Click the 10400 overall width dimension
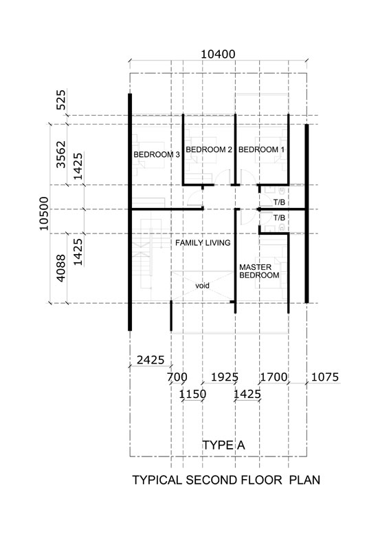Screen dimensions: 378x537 coord(218,54)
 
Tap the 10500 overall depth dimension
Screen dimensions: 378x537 coord(44,213)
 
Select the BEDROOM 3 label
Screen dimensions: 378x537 coord(157,154)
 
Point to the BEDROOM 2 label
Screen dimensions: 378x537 coord(209,149)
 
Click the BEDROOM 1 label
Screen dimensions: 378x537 coord(261,149)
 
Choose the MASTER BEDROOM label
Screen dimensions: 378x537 coord(259,271)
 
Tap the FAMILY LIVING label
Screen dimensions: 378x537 coord(203,243)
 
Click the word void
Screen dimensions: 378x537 coord(202,285)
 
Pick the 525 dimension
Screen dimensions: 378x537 coord(61,100)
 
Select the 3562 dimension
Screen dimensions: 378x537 coord(61,154)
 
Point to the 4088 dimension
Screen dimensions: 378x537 coord(61,268)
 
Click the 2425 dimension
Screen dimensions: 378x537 coord(151,360)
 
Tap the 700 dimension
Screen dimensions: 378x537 coord(177,377)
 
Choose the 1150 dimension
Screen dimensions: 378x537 coord(192,394)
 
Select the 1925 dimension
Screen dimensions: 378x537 coord(225,377)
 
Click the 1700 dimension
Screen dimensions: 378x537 coord(274,377)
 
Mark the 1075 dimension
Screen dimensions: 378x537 coord(325,377)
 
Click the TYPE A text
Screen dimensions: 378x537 coord(224,445)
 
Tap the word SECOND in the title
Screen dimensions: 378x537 coord(212,480)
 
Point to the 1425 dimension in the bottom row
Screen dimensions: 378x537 coord(247,394)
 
